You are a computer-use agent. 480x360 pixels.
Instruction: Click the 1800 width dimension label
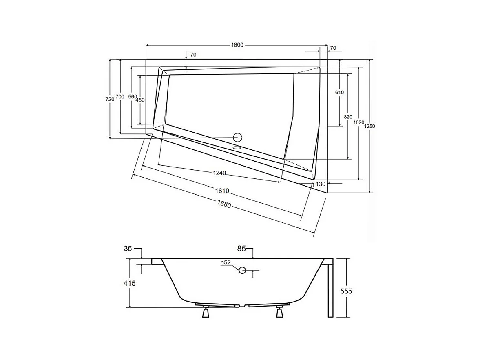237,45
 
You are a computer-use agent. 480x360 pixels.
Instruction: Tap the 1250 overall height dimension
369,127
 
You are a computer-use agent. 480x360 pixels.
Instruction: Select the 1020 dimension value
358,122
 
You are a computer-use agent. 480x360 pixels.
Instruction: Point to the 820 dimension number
348,117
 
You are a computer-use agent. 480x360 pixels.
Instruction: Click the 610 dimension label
339,93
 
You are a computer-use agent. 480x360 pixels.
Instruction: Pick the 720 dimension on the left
110,99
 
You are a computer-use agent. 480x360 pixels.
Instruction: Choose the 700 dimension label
119,96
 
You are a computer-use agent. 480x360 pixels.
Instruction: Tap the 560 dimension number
132,97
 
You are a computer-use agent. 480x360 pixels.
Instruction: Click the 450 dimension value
140,100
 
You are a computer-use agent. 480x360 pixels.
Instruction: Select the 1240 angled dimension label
219,173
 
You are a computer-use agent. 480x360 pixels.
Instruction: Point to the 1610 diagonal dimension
222,191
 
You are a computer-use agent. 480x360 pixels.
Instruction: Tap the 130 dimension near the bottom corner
321,184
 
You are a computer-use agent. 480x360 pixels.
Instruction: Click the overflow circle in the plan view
237,138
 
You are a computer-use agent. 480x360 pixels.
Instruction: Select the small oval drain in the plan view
236,148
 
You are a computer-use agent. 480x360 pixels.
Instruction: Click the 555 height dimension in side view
345,291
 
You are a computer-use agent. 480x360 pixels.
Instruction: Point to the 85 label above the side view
241,248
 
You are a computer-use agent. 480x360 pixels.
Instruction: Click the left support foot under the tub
206,312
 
